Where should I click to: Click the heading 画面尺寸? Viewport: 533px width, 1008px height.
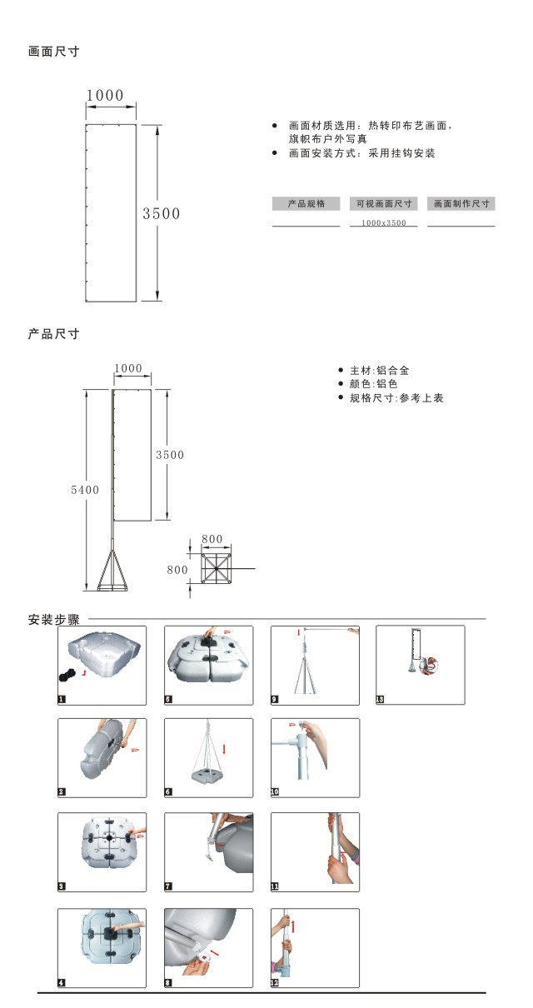[54, 52]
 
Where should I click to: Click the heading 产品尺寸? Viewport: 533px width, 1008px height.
[54, 334]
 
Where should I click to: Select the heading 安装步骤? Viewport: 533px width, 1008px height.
[54, 620]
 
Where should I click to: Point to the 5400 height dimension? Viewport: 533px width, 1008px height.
[85, 490]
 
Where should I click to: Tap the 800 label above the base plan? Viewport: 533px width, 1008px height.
[212, 540]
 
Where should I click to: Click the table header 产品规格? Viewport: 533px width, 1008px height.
[306, 203]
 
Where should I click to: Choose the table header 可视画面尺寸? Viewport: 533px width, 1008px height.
[384, 203]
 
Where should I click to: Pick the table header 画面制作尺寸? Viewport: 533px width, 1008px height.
[461, 203]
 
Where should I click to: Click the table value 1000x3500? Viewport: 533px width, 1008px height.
[384, 223]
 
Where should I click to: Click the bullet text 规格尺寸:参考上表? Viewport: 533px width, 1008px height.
[396, 398]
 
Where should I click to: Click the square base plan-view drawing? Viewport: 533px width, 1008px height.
[216, 570]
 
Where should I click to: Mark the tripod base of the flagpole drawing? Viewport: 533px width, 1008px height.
[113, 571]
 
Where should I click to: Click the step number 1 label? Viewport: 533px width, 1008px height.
[62, 700]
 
